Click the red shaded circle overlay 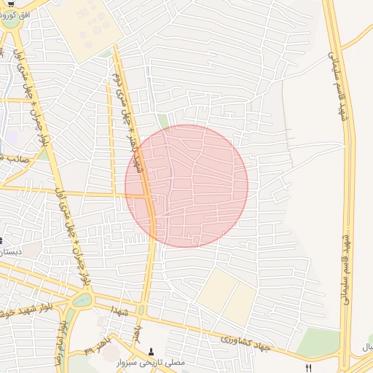[186, 186]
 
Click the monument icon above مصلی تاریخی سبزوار [152, 350]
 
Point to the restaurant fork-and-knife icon [309, 368]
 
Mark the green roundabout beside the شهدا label [82, 300]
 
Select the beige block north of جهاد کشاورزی [227, 294]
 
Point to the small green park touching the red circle [163, 121]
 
